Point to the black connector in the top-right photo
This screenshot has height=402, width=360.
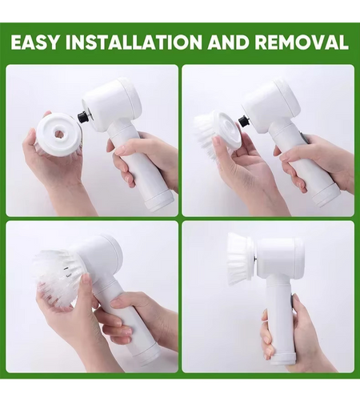tap(243, 121)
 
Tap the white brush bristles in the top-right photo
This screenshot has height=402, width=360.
tap(206, 136)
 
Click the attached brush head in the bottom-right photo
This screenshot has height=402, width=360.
tap(239, 259)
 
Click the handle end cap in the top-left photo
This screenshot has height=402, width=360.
tap(160, 200)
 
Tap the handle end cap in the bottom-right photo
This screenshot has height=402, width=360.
tap(282, 360)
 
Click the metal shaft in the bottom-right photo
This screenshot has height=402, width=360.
tap(255, 259)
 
